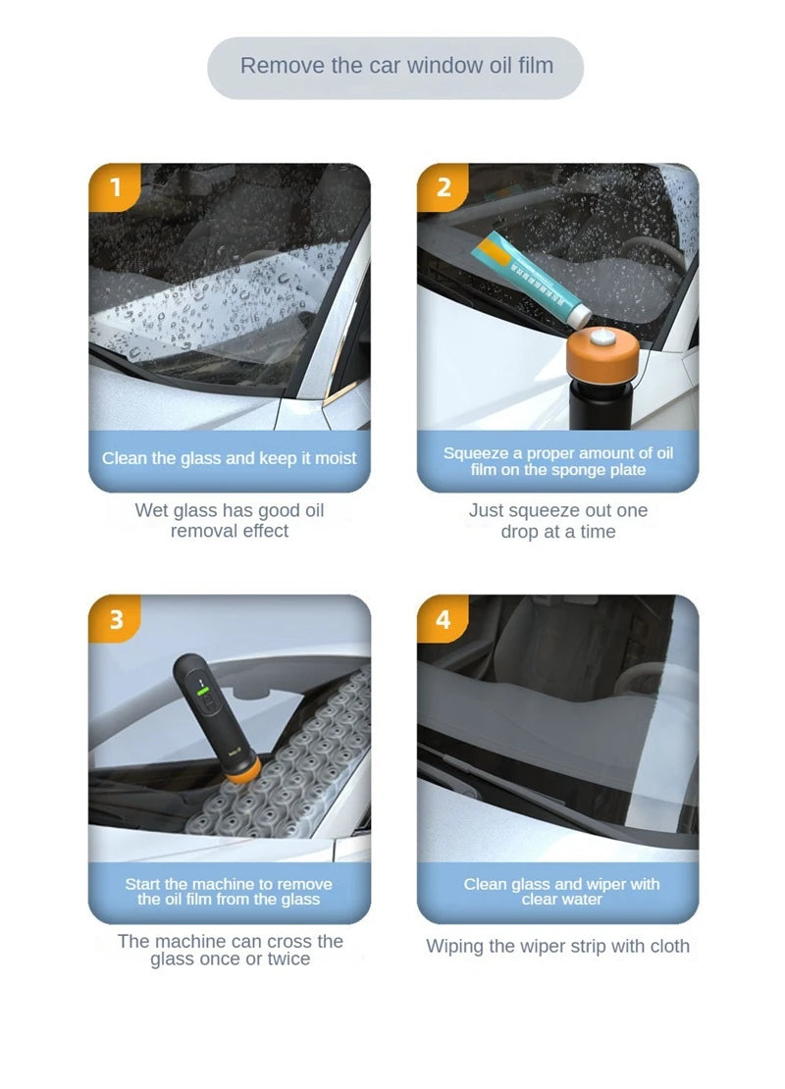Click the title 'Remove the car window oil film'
pyautogui.click(x=396, y=67)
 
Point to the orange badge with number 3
pyautogui.click(x=116, y=619)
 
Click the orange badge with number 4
pyautogui.click(x=444, y=619)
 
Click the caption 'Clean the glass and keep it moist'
pyautogui.click(x=230, y=459)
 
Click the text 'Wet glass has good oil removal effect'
pyautogui.click(x=230, y=521)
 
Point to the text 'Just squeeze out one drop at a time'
pyautogui.click(x=558, y=521)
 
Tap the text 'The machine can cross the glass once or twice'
pyautogui.click(x=230, y=950)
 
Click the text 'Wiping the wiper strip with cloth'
pyautogui.click(x=557, y=947)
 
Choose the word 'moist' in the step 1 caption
pyautogui.click(x=336, y=459)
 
